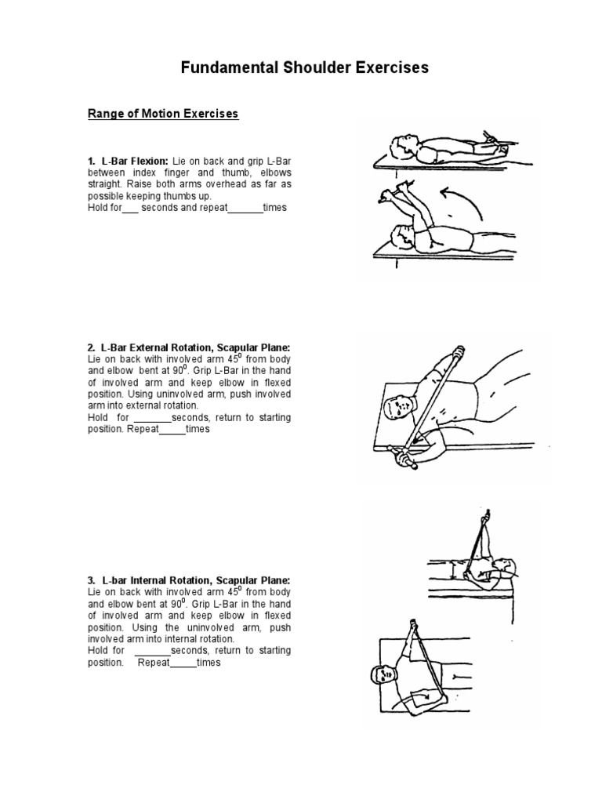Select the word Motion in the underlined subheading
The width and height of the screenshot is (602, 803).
pyautogui.click(x=161, y=114)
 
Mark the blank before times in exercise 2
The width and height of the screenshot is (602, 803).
pyautogui.click(x=172, y=430)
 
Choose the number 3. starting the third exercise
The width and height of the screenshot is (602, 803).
pyautogui.click(x=92, y=580)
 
